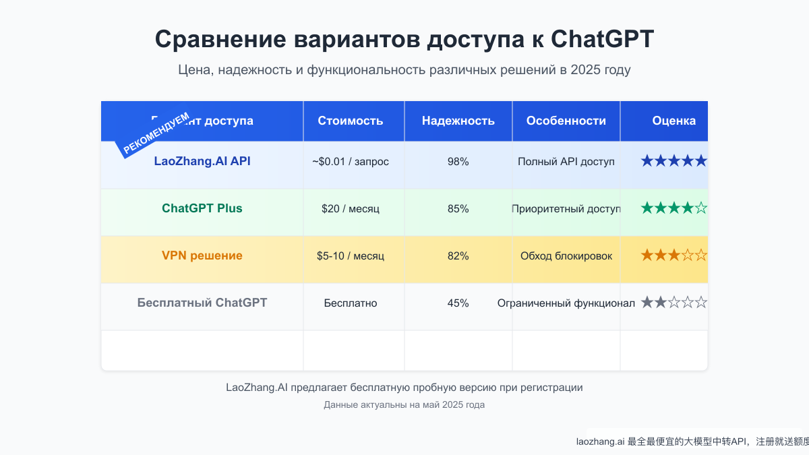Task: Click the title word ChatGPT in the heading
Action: click(602, 39)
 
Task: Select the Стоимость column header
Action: click(351, 121)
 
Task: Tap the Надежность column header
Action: click(458, 121)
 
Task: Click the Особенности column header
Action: click(566, 121)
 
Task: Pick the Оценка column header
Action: click(674, 121)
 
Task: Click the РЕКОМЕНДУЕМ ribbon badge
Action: click(156, 133)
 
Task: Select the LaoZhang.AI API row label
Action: click(202, 161)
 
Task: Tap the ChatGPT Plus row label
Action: click(202, 208)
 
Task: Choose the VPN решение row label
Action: click(202, 255)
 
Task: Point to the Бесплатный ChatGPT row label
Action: click(202, 303)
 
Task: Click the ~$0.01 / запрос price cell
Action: click(351, 162)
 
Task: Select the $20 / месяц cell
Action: click(351, 209)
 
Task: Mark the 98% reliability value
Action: click(458, 162)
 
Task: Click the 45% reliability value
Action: click(458, 303)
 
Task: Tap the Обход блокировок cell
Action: click(566, 256)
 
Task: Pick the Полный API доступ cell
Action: click(566, 162)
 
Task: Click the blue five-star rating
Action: click(674, 161)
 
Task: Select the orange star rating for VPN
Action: click(674, 255)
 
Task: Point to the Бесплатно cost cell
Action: click(351, 303)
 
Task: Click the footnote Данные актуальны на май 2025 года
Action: click(404, 405)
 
